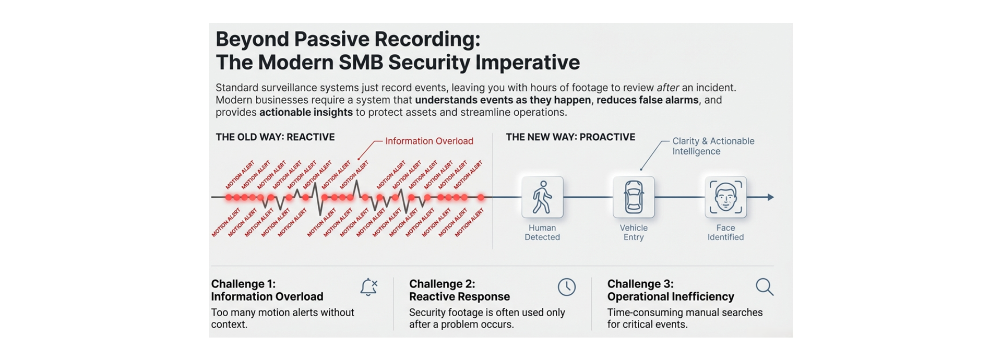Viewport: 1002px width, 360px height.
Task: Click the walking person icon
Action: [542, 197]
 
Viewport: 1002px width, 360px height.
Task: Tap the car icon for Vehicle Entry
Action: [634, 197]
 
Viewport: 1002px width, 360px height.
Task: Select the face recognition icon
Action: [725, 197]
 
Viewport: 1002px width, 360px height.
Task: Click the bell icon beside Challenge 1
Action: [368, 287]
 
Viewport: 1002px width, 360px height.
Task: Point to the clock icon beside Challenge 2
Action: [566, 287]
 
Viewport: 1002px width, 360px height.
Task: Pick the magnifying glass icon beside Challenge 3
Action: [765, 287]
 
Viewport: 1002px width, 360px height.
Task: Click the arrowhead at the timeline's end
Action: [770, 197]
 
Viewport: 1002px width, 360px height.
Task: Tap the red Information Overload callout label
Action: [429, 141]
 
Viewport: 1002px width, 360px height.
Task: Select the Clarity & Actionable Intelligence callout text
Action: [713, 146]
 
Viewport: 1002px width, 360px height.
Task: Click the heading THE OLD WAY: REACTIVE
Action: [275, 137]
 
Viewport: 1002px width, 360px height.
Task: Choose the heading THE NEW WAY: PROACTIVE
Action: [570, 137]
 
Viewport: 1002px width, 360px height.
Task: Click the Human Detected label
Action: [542, 232]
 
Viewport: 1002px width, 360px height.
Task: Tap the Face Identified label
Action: [725, 232]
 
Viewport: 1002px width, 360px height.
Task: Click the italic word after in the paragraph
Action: [667, 88]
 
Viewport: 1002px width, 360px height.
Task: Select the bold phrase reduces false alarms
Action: [647, 100]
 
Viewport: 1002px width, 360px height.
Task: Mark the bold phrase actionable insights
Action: [306, 113]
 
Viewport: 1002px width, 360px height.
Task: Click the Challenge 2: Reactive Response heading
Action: [459, 290]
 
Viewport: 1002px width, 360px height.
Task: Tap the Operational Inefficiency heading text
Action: [671, 296]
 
